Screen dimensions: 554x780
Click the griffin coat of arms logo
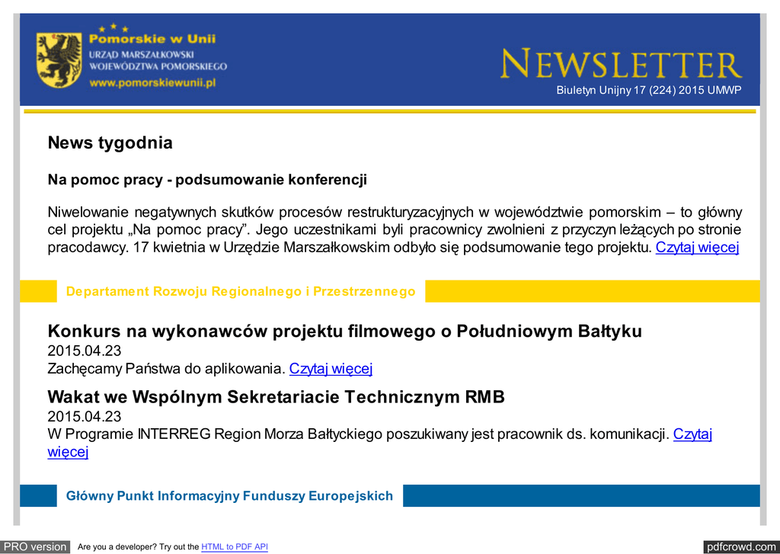tap(59, 60)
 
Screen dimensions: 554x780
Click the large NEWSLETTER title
tap(621, 65)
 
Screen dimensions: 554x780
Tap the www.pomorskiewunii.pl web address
tap(152, 82)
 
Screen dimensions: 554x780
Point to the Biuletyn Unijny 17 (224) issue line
tap(648, 91)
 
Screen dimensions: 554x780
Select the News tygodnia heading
tap(110, 143)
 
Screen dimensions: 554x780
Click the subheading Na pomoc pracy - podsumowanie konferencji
tap(207, 180)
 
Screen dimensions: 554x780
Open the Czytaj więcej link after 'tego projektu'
tap(697, 247)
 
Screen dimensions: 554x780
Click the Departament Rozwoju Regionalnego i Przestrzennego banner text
tap(241, 291)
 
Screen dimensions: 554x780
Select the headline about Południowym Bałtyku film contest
tap(344, 331)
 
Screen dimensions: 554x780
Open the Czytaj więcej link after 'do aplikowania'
tap(331, 369)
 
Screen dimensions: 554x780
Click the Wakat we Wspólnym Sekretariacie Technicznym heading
tap(276, 397)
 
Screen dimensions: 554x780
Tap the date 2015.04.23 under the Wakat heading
tap(85, 417)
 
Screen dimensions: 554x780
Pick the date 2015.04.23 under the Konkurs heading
tap(85, 351)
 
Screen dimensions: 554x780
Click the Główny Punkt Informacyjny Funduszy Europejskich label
tap(229, 496)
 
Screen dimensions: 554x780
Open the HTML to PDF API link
tap(235, 546)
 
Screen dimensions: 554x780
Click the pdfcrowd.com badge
tap(740, 546)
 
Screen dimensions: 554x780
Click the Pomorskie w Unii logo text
tap(152, 39)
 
